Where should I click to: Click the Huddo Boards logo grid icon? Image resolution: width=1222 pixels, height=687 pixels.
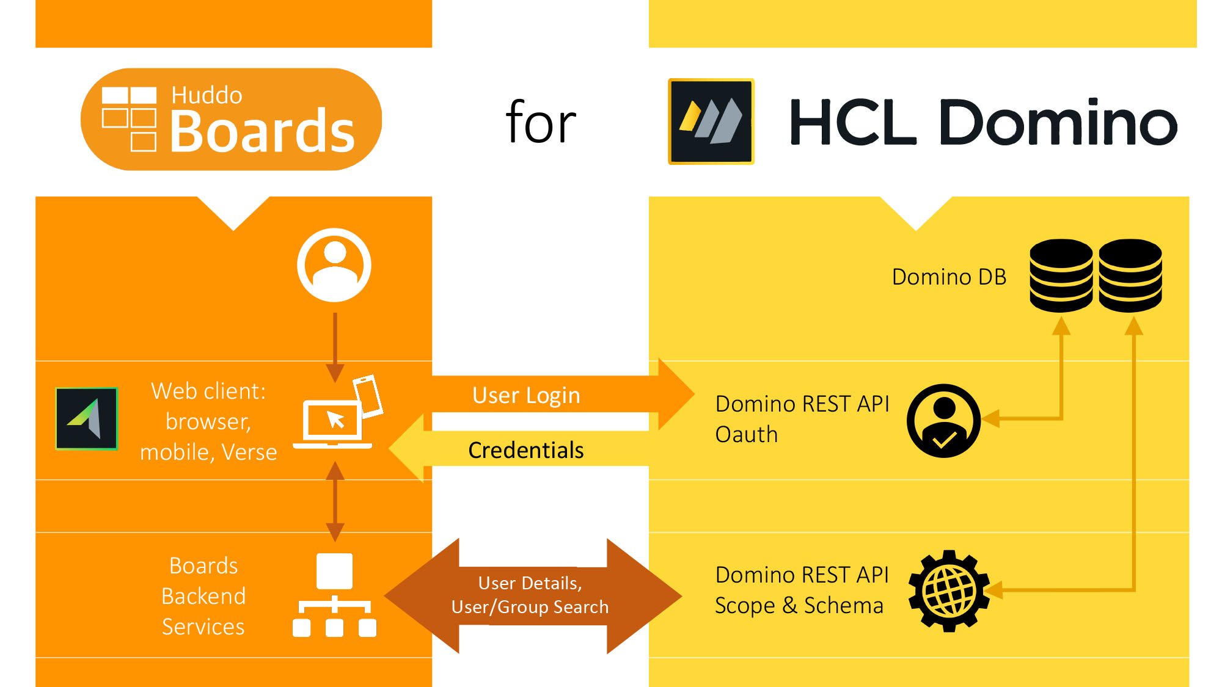pyautogui.click(x=129, y=118)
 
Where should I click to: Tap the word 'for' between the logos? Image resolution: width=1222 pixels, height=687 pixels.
pyautogui.click(x=541, y=123)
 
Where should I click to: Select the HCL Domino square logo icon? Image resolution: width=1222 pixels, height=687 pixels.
pyautogui.click(x=711, y=122)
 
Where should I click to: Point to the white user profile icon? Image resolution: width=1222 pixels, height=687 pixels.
pyautogui.click(x=334, y=264)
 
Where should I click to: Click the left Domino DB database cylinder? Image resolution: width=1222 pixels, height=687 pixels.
pyautogui.click(x=1061, y=275)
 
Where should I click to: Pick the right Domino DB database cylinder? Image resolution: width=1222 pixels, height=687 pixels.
pyautogui.click(x=1130, y=275)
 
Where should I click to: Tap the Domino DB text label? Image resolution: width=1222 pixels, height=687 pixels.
pyautogui.click(x=949, y=277)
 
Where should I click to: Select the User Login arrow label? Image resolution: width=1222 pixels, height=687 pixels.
pyautogui.click(x=526, y=395)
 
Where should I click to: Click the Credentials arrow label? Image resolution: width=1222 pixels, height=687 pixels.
pyautogui.click(x=525, y=450)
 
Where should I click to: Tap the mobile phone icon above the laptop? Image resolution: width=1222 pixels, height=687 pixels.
pyautogui.click(x=368, y=396)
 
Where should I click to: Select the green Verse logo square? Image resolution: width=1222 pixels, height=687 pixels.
pyautogui.click(x=87, y=419)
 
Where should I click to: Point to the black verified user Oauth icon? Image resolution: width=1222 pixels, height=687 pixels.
pyautogui.click(x=943, y=421)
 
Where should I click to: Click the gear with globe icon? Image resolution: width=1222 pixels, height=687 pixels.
pyautogui.click(x=948, y=591)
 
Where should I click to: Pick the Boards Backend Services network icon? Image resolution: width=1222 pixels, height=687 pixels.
pyautogui.click(x=334, y=595)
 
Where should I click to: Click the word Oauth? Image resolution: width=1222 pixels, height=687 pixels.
pyautogui.click(x=746, y=434)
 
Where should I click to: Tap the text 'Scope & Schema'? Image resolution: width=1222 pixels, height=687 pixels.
pyautogui.click(x=799, y=605)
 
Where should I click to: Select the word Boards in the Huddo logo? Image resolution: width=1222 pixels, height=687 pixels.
pyautogui.click(x=262, y=131)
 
